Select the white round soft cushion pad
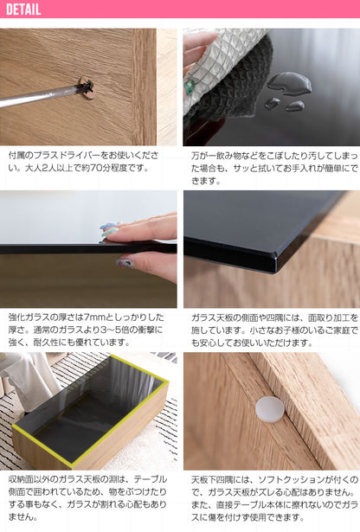pos(270,409)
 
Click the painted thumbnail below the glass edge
pos(125,263)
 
